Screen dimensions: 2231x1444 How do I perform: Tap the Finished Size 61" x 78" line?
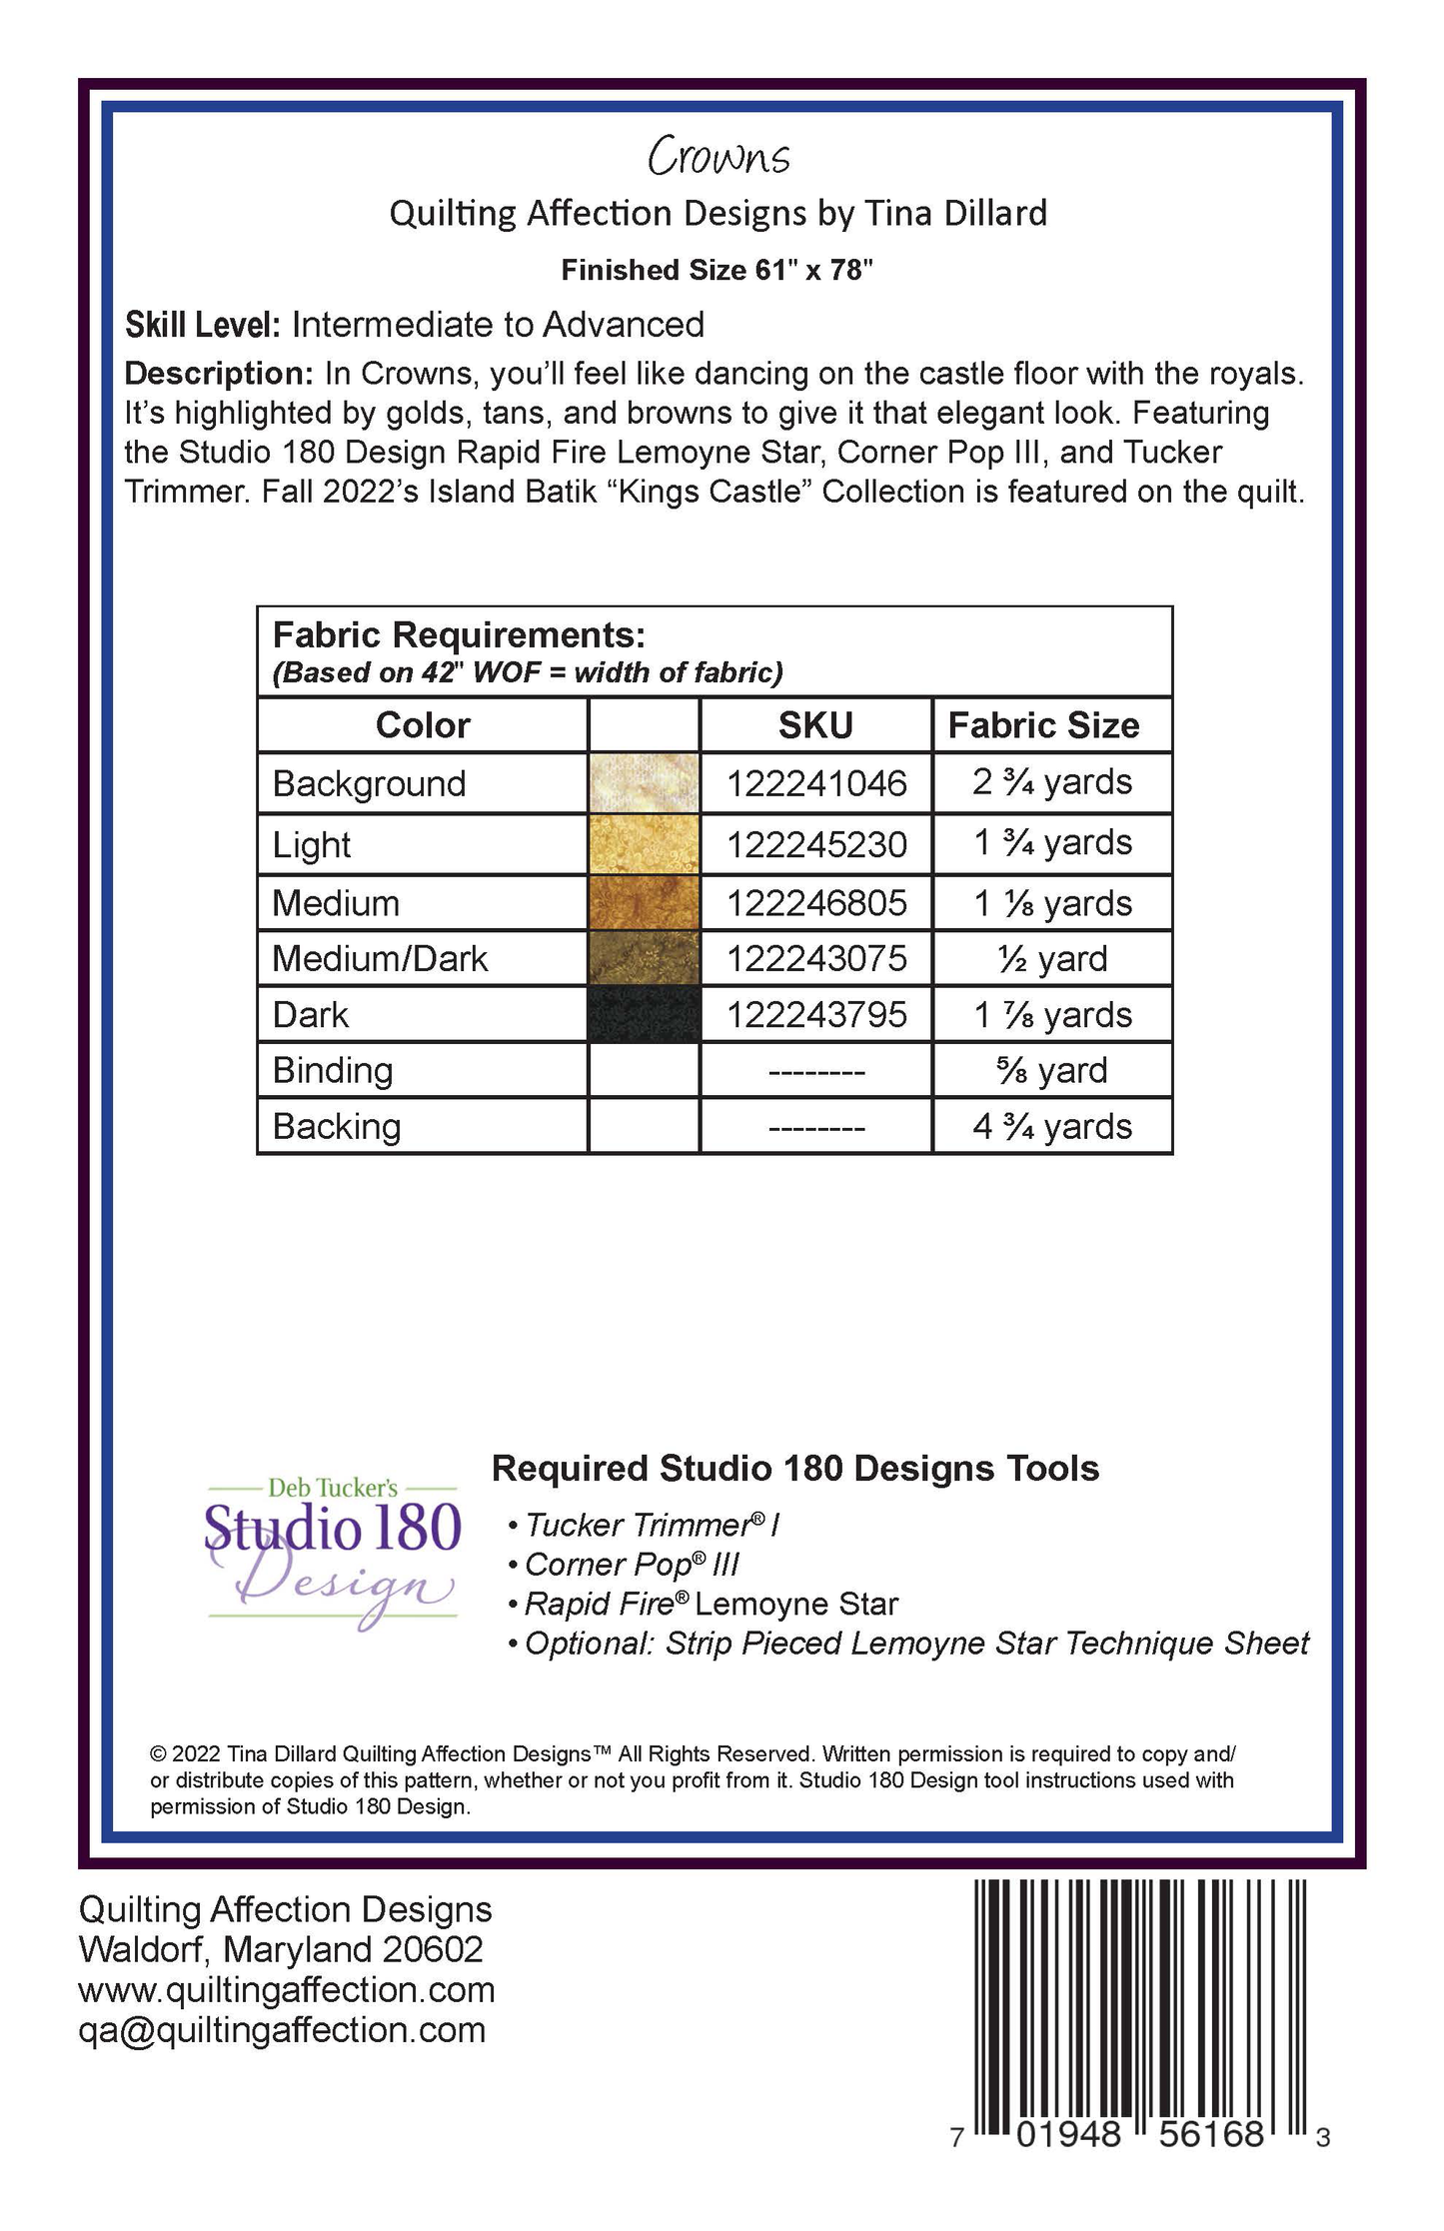click(x=717, y=270)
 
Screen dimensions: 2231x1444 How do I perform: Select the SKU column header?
click(x=815, y=725)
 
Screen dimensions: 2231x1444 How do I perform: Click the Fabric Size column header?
click(x=1043, y=725)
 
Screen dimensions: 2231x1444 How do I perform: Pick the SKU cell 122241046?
click(x=816, y=783)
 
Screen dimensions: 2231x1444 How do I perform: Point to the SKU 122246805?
click(x=816, y=903)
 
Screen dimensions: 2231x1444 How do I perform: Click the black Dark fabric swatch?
click(x=644, y=1015)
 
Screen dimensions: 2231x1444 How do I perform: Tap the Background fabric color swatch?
click(x=644, y=782)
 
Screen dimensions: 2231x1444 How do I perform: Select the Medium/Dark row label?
click(x=380, y=959)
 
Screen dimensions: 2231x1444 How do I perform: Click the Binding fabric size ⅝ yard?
click(x=1052, y=1070)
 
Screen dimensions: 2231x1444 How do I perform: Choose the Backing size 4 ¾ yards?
click(x=1052, y=1127)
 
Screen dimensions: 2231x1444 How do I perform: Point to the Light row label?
click(x=311, y=845)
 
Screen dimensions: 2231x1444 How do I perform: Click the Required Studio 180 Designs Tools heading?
click(x=795, y=1469)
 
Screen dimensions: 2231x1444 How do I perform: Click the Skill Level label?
click(x=202, y=325)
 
